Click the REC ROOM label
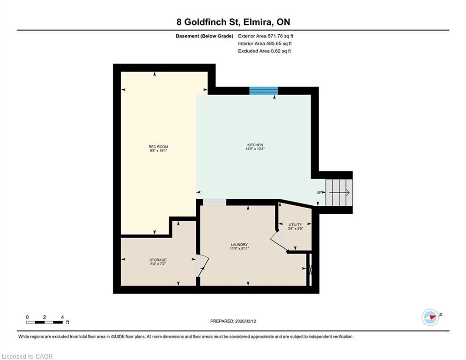158,147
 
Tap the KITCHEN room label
255,145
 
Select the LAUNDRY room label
239,245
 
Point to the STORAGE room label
158,260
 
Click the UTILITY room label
296,225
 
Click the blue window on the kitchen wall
263,91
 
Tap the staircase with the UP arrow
339,193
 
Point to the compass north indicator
430,317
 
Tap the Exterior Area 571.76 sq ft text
266,36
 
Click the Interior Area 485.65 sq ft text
265,44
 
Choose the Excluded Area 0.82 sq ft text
264,51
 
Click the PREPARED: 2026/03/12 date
233,321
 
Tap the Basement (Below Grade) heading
205,36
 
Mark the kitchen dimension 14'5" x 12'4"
255,149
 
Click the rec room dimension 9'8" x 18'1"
158,150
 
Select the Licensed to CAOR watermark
27,356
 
